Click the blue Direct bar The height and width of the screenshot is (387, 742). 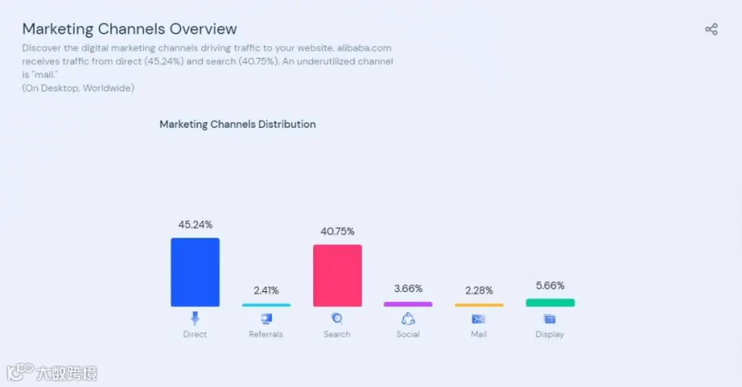[195, 272]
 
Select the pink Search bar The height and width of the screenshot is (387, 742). [337, 276]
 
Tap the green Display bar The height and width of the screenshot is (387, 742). [551, 303]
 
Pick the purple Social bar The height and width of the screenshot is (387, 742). [408, 304]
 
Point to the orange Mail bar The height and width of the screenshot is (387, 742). [479, 305]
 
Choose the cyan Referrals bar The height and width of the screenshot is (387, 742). [266, 305]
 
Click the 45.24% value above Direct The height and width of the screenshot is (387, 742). [195, 224]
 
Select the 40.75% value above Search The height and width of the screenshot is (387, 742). [337, 231]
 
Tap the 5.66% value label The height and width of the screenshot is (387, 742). [551, 286]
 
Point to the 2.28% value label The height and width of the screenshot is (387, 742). [479, 290]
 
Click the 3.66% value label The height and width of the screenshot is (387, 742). [408, 288]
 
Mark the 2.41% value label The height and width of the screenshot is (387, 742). [266, 290]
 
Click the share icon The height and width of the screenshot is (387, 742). [711, 30]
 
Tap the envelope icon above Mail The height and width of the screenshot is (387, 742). [478, 319]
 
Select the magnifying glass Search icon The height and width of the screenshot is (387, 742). [337, 319]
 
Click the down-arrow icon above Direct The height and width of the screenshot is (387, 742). [195, 318]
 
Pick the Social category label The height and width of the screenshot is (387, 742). [408, 334]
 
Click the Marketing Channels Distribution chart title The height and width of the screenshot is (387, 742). [237, 124]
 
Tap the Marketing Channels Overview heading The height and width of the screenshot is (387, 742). [129, 29]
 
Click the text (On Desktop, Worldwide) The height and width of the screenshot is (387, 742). [78, 88]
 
